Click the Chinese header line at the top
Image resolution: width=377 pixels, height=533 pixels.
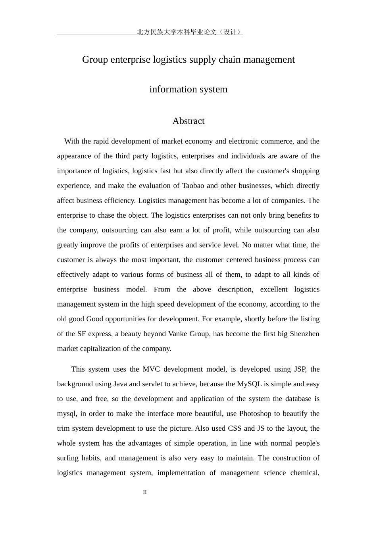point(189,32)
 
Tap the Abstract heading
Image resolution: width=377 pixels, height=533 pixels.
point(188,121)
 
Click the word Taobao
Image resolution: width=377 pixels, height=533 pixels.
point(193,186)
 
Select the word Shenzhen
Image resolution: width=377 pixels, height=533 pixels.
point(304,334)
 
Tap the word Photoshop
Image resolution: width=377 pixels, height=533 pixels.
point(255,414)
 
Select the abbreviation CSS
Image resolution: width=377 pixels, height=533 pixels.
point(235,428)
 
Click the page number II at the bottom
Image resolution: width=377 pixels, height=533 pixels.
point(145,492)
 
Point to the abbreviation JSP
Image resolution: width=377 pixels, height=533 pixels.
point(300,369)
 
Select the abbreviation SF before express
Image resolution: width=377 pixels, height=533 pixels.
point(81,334)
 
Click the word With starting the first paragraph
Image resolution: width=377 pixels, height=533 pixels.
point(72,141)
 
